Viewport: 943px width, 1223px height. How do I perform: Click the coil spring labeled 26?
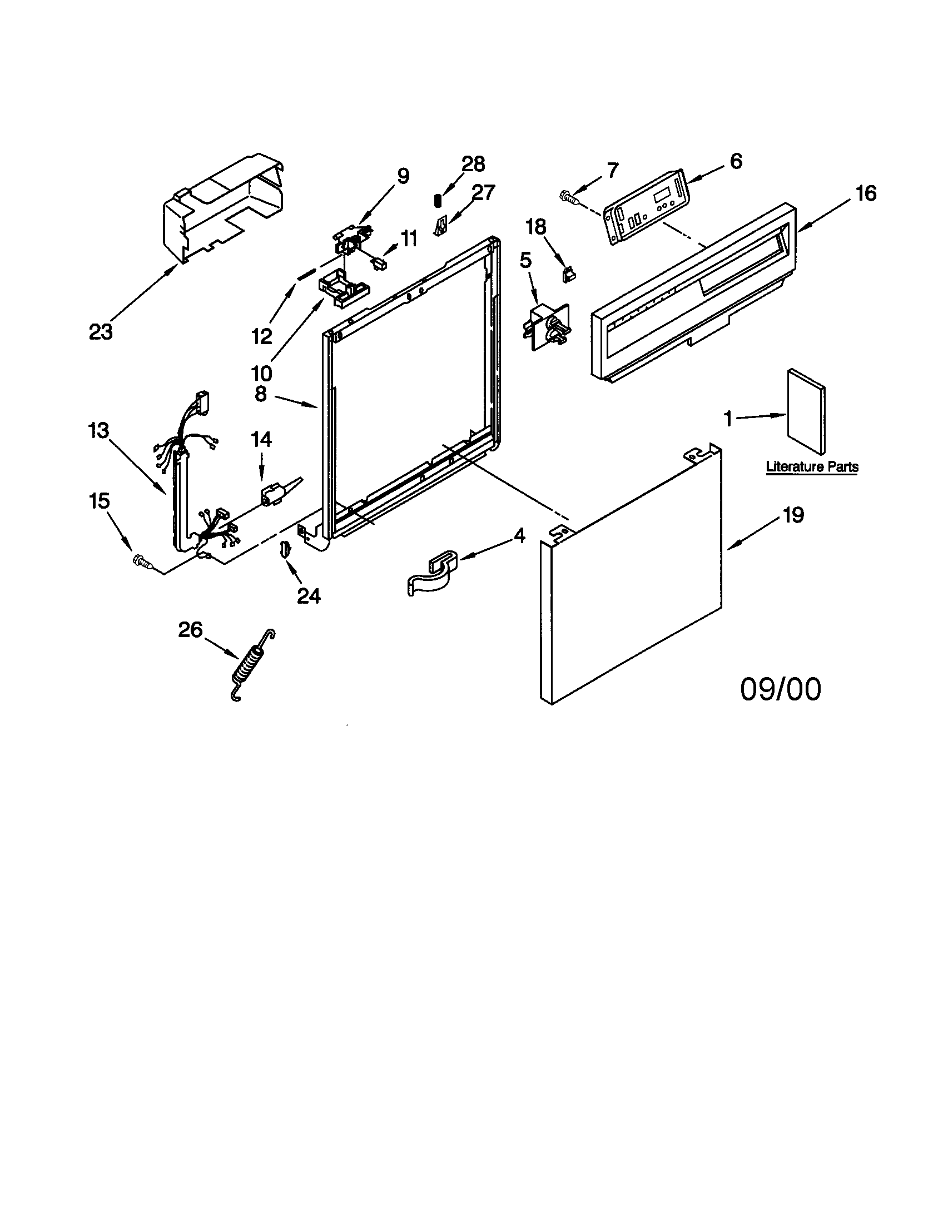point(252,664)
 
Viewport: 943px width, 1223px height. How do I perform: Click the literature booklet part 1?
point(806,411)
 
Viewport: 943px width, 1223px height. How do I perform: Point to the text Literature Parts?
point(812,466)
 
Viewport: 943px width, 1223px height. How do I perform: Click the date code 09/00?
point(781,689)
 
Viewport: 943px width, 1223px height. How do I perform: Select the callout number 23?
point(101,332)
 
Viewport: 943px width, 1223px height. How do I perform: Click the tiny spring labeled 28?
point(438,200)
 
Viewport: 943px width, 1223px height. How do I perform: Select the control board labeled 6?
point(647,208)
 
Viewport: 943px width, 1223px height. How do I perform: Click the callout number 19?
point(793,515)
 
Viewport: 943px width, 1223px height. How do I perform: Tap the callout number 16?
point(866,194)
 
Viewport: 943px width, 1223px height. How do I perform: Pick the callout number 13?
point(98,431)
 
